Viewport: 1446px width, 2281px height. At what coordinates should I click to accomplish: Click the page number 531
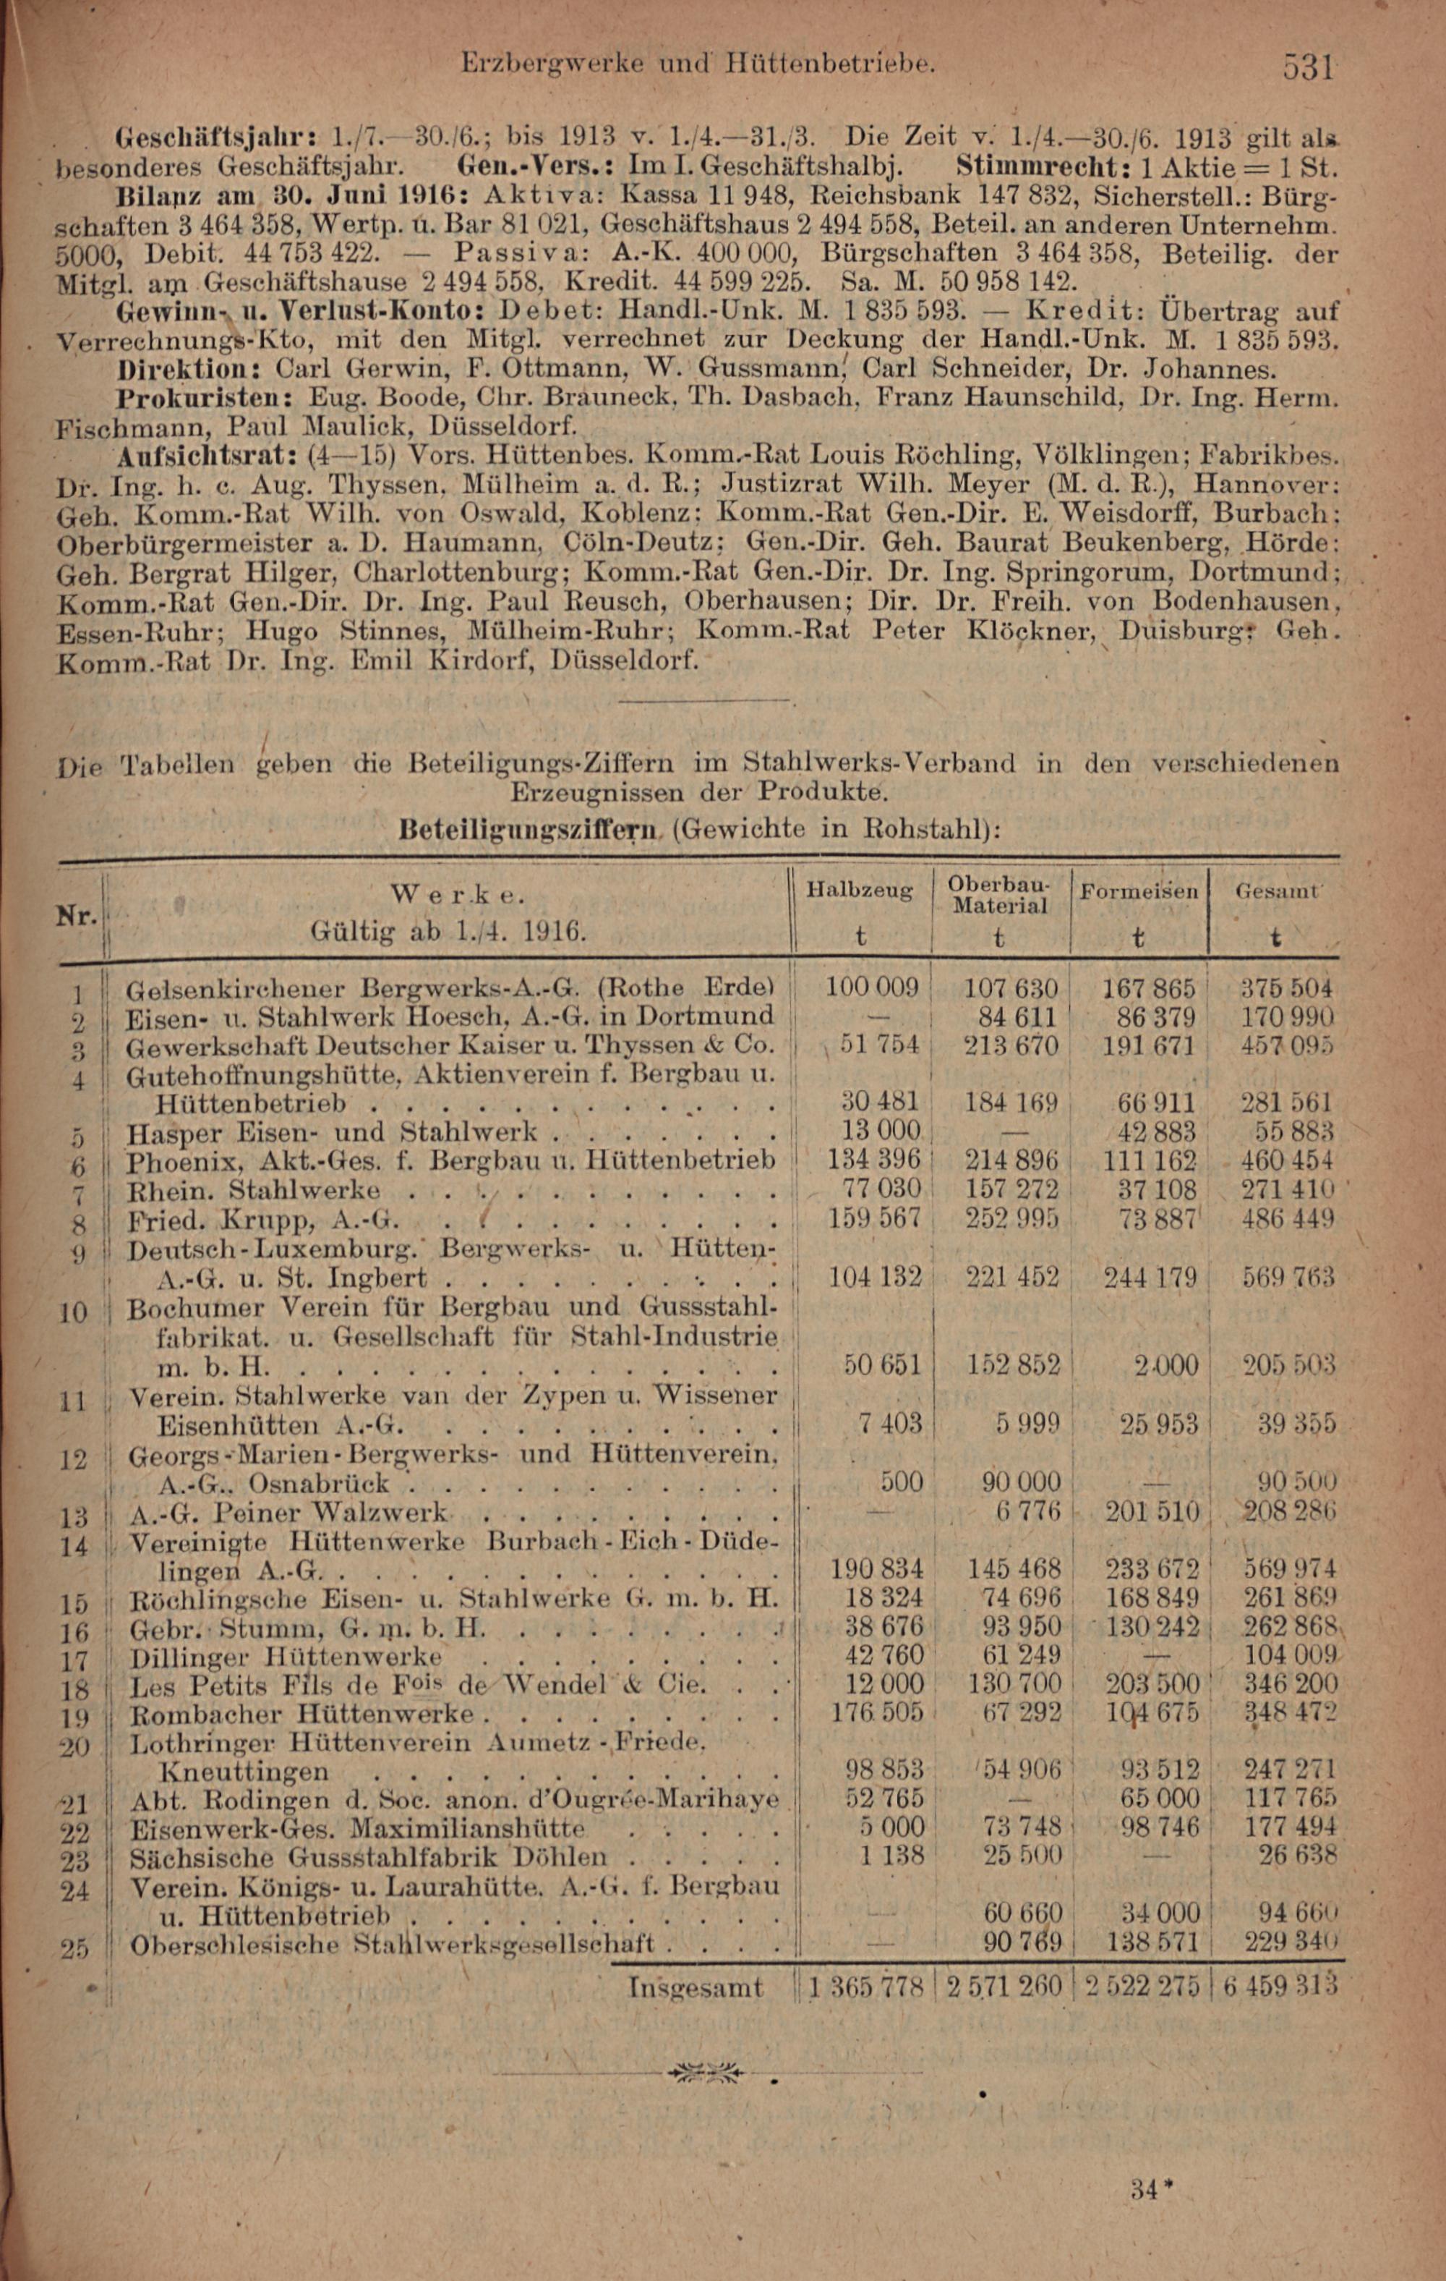pyautogui.click(x=1308, y=67)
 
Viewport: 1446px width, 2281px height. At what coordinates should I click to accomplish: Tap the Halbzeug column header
pyautogui.click(x=860, y=891)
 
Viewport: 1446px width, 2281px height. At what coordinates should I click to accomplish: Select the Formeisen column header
pyautogui.click(x=1139, y=891)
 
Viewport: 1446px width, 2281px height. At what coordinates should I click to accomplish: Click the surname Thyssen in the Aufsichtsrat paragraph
pyautogui.click(x=385, y=486)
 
